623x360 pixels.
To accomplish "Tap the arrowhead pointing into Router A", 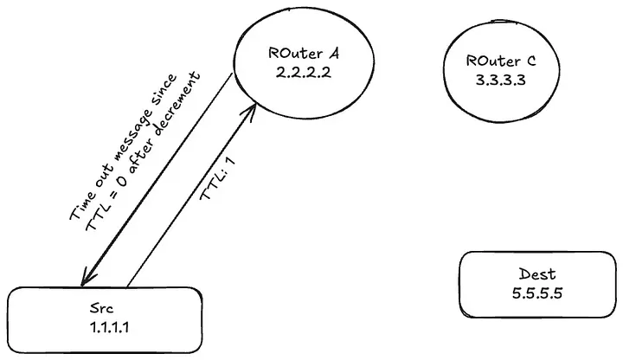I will [x=254, y=109].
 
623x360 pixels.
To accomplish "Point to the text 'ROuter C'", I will [x=501, y=61].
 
